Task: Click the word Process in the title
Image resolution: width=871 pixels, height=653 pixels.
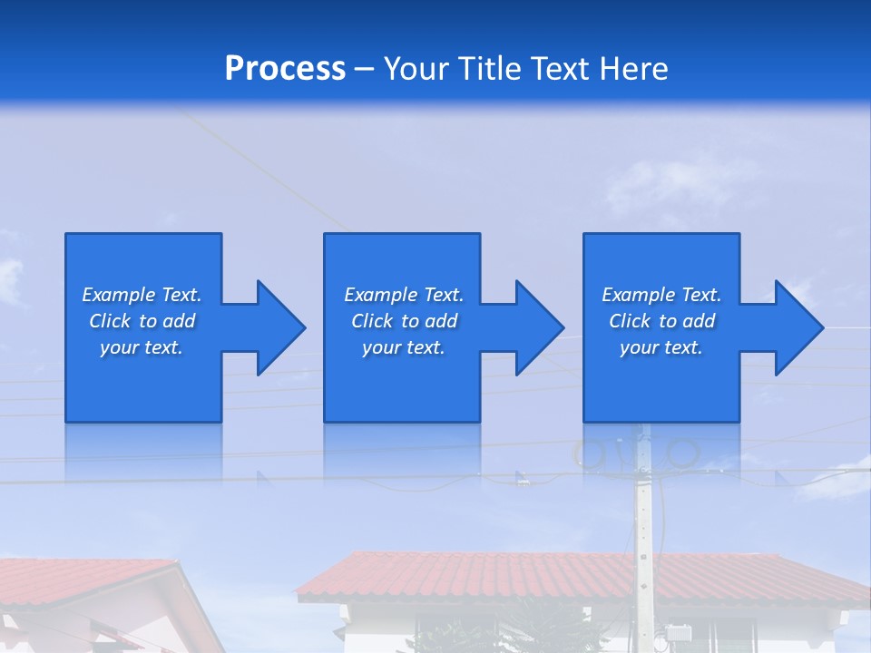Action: (285, 69)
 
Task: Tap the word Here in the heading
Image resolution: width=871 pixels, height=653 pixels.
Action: (633, 69)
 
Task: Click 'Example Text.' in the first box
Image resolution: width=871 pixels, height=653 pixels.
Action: (142, 295)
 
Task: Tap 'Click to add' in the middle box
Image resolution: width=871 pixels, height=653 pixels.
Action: (404, 321)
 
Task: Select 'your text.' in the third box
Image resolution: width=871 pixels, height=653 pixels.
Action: (661, 347)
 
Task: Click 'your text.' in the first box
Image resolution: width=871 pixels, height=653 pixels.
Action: (142, 347)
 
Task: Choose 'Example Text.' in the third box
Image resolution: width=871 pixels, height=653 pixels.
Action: (661, 295)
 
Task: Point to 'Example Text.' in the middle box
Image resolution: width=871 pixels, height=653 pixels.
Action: (404, 295)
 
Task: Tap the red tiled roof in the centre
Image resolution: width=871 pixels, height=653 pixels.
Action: (544, 577)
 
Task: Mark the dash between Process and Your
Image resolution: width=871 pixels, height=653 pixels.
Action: (364, 70)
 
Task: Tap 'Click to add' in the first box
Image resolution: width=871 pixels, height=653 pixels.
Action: (142, 321)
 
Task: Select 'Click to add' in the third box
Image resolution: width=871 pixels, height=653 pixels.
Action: (661, 321)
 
